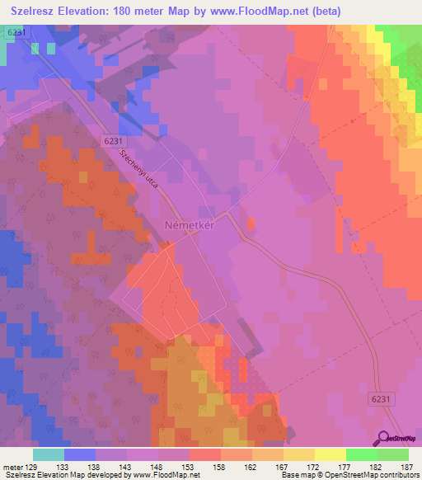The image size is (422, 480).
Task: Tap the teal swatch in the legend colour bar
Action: click(48, 455)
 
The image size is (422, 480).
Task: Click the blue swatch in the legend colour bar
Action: click(79, 455)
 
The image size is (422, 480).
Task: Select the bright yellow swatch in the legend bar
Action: click(330, 455)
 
